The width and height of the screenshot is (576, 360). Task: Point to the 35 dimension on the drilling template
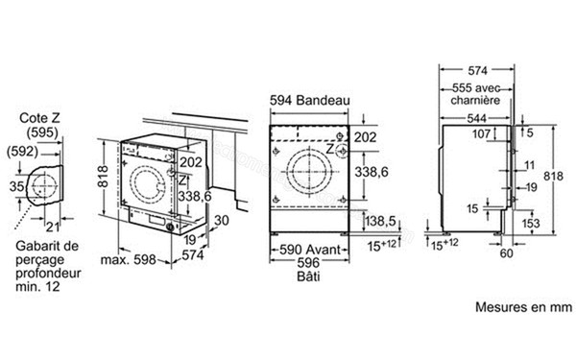[x=14, y=184]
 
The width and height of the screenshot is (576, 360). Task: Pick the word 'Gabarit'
[x=37, y=246]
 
